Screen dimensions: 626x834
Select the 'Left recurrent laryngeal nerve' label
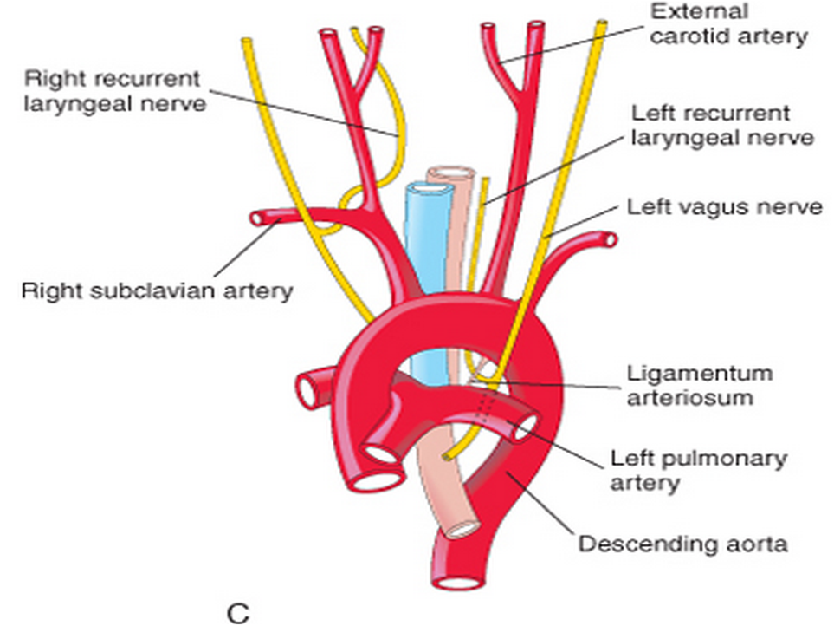coord(721,126)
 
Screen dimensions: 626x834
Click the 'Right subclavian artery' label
coord(157,290)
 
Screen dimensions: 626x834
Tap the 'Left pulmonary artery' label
coord(699,469)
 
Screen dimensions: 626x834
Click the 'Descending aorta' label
coord(682,544)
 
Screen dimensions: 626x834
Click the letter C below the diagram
coord(237,613)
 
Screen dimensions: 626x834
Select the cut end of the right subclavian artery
coord(258,218)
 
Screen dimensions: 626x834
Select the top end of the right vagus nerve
coord(246,41)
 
